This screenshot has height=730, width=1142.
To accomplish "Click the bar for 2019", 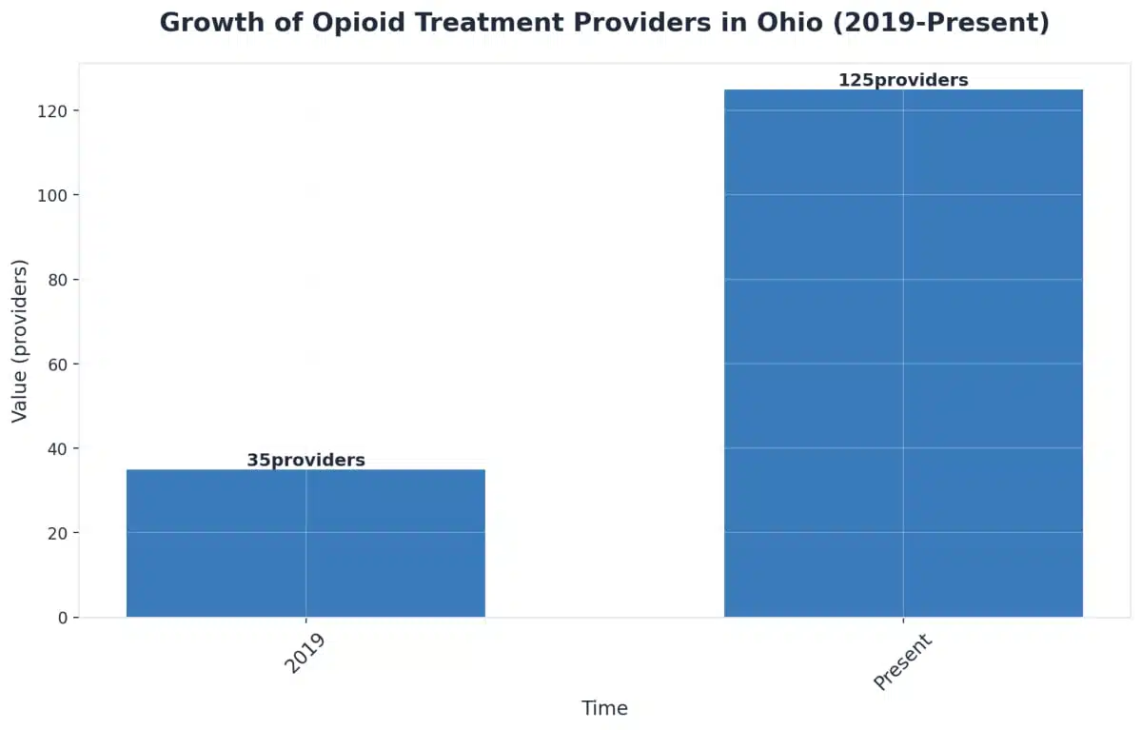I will point(305,543).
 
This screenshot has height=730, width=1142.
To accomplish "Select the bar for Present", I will point(903,353).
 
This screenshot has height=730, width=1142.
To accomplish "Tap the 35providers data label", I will point(305,461).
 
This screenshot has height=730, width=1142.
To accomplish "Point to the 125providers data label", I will point(903,81).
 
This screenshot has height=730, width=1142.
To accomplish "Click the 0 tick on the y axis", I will point(61,618).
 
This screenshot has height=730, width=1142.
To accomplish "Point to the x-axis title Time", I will point(604,708).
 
